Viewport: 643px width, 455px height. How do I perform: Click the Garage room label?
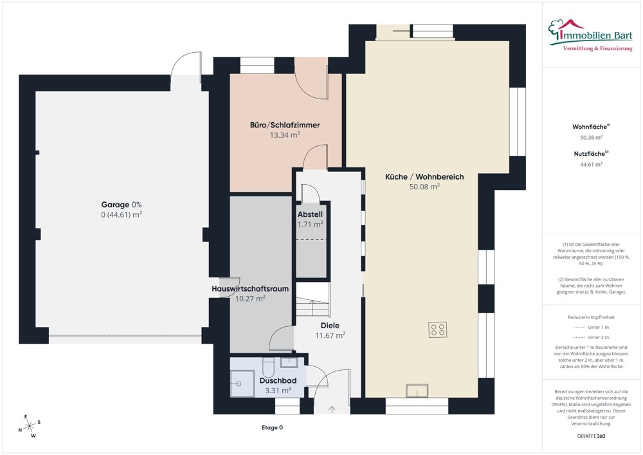click(115, 205)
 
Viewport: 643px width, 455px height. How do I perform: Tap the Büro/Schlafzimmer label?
click(285, 125)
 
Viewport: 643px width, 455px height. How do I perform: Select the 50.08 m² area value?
click(424, 187)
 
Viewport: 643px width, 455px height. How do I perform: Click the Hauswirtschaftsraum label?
click(250, 289)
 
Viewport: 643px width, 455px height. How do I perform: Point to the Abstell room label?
click(310, 214)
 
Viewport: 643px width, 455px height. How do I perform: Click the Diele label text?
click(330, 326)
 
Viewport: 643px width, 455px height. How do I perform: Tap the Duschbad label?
click(278, 381)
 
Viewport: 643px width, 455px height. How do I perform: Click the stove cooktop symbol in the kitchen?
click(437, 330)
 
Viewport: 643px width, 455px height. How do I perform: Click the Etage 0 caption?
click(272, 427)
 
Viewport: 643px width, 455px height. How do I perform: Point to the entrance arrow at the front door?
click(332, 409)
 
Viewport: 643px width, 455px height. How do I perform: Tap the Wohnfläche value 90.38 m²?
click(591, 138)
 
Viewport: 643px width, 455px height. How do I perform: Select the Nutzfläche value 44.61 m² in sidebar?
click(591, 165)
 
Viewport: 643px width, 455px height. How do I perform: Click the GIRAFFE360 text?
click(591, 436)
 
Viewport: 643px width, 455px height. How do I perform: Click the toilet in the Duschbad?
click(268, 367)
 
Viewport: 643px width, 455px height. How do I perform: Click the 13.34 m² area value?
click(285, 135)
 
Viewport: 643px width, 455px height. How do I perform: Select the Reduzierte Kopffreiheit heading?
click(591, 317)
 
